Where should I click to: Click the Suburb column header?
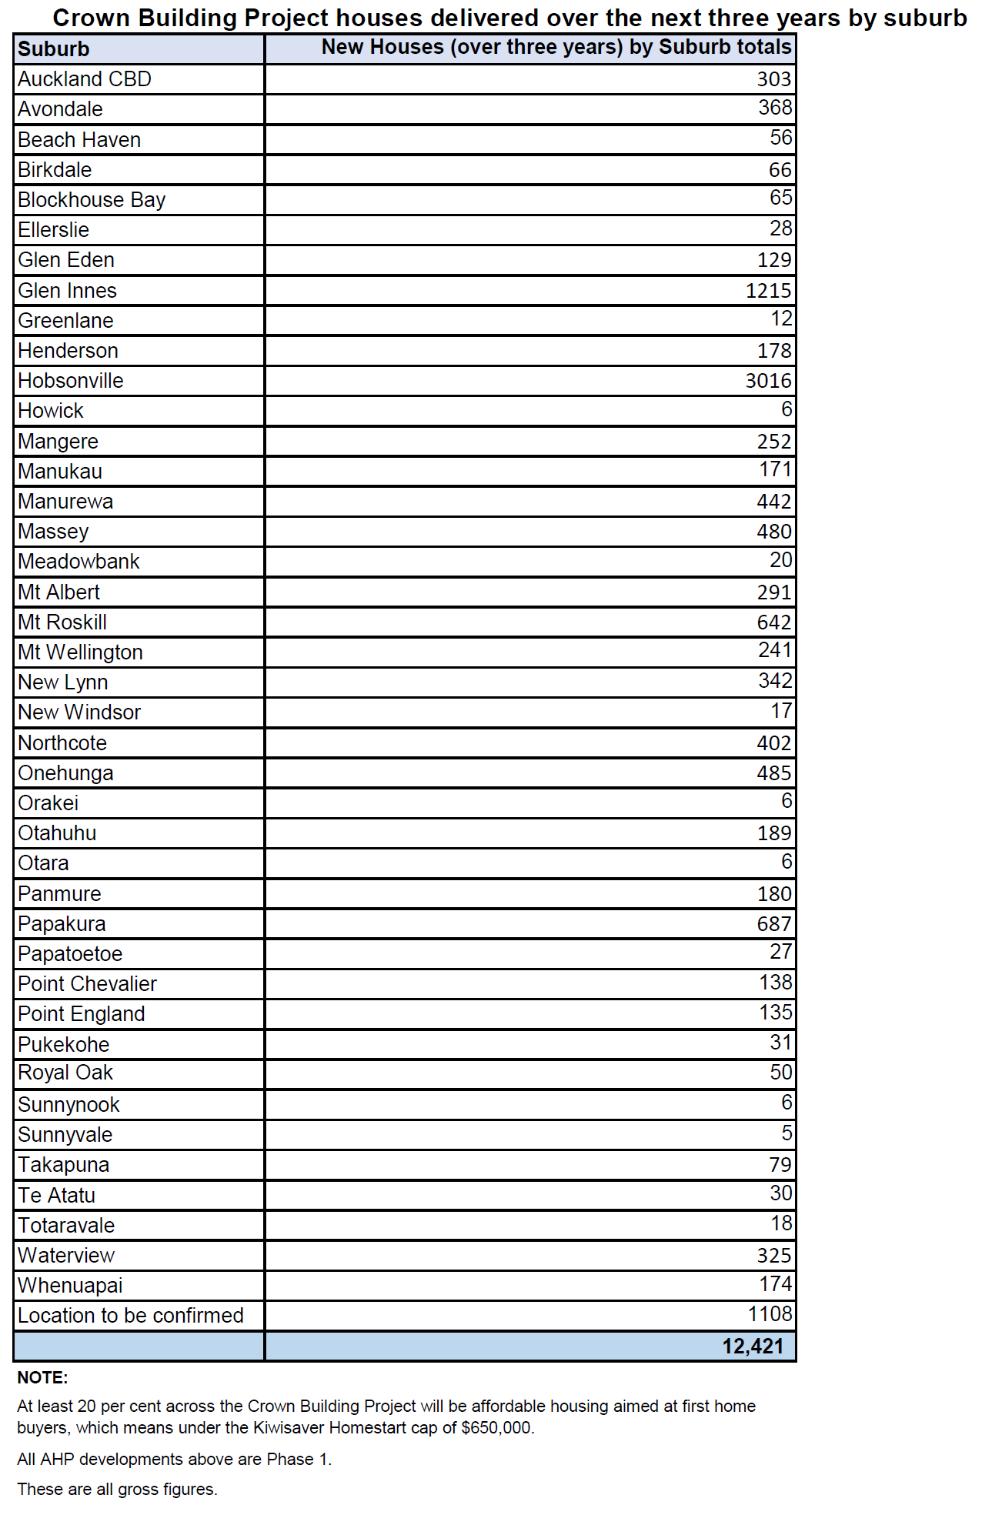pyautogui.click(x=54, y=49)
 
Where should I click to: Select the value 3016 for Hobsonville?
pyautogui.click(x=768, y=381)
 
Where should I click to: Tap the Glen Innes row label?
pyautogui.click(x=67, y=291)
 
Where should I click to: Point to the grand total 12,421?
pyautogui.click(x=753, y=1346)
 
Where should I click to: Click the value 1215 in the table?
pyautogui.click(x=768, y=291)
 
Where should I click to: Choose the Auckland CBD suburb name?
pyautogui.click(x=85, y=79)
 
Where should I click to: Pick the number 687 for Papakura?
pyautogui.click(x=773, y=924)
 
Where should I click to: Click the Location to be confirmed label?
pyautogui.click(x=131, y=1316)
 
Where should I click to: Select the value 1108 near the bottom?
pyautogui.click(x=770, y=1314)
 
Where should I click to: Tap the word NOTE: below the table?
pyautogui.click(x=42, y=1378)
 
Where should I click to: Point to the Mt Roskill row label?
pyautogui.click(x=62, y=622)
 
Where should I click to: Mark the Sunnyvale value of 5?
pyautogui.click(x=787, y=1133)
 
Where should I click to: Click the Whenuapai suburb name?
pyautogui.click(x=70, y=1286)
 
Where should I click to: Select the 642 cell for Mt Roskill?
pyautogui.click(x=773, y=622)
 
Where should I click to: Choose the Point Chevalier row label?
pyautogui.click(x=87, y=984)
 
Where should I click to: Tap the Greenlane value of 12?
pyautogui.click(x=781, y=319)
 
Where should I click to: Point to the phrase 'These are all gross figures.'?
pyautogui.click(x=117, y=1490)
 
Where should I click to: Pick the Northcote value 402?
pyautogui.click(x=773, y=743)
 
